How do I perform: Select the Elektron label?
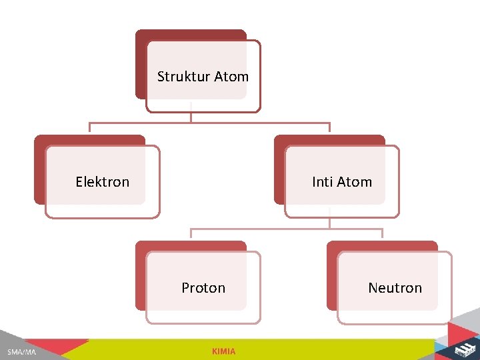pos(103,182)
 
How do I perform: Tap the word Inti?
pos(323,182)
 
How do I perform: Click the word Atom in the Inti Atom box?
pos(355,182)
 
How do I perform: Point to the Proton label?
pos(203,288)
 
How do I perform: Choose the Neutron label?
pos(395,288)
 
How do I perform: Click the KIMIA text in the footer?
pos(223,351)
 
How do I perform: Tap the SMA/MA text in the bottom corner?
pos(22,351)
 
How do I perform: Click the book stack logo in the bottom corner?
pos(464,349)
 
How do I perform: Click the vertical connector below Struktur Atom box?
pos(191,116)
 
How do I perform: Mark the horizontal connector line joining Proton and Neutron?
pos(287,229)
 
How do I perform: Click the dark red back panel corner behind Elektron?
pos(39,140)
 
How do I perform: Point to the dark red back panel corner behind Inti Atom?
pos(279,140)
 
